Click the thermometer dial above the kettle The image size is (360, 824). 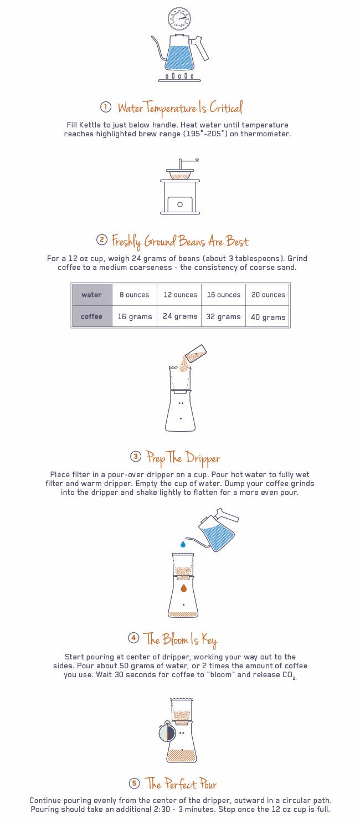179,19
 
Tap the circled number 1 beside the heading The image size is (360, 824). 106,107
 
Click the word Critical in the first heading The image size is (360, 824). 226,108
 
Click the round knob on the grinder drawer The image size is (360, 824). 180,204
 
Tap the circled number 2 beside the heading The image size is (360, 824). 102,240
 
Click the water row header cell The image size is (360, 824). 92,295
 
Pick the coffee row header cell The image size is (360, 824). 92,316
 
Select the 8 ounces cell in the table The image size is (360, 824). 134,295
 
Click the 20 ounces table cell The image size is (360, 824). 268,295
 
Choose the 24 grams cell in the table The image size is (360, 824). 180,316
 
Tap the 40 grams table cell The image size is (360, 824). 268,316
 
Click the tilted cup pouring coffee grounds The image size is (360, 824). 196,354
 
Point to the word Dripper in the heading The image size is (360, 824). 203,458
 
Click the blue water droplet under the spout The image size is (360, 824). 183,544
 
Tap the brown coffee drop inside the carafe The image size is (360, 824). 184,588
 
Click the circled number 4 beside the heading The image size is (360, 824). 133,637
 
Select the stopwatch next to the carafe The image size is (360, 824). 167,731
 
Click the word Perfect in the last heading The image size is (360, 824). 180,784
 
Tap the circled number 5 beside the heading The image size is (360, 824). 134,783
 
